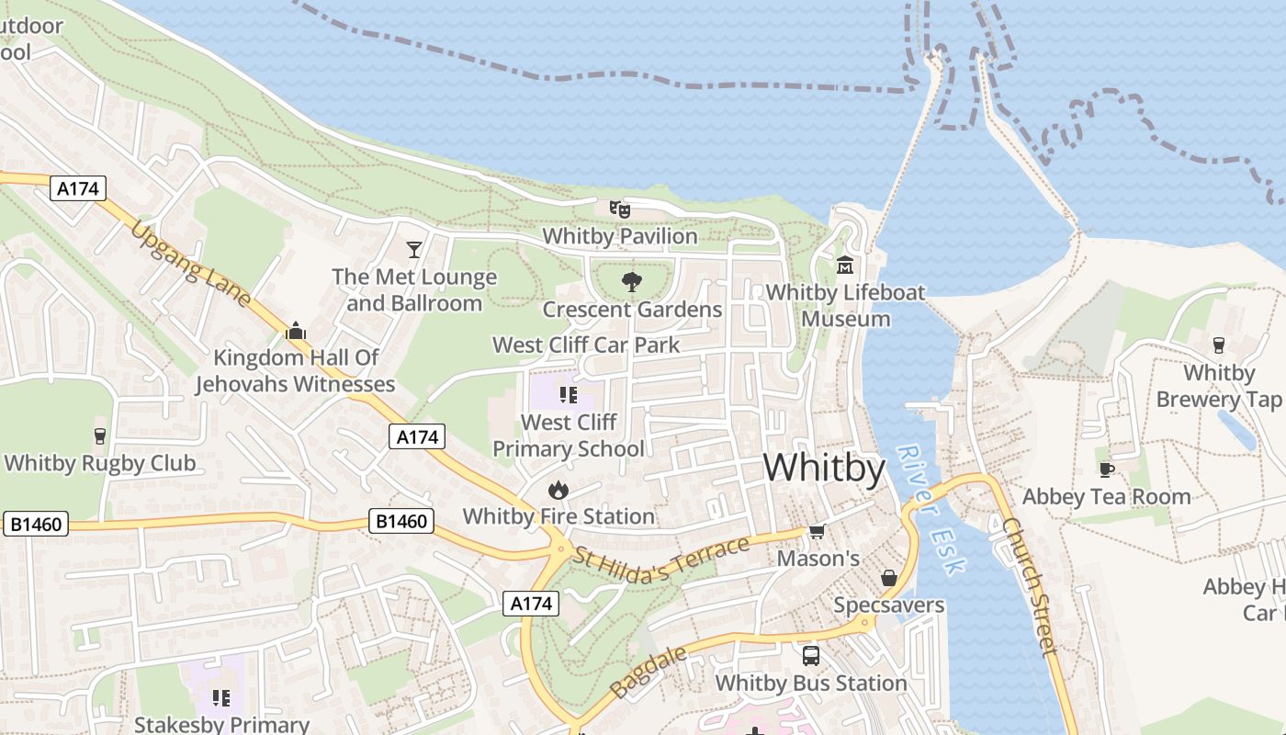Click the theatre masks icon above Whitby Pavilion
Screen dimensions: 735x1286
(x=620, y=209)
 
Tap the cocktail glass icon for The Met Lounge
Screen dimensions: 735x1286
(x=414, y=250)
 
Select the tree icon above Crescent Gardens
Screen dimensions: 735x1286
(x=631, y=282)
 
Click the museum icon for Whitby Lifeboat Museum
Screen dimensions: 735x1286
(x=845, y=266)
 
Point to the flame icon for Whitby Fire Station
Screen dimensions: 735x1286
(x=558, y=491)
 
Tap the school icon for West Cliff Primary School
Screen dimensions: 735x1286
(x=568, y=395)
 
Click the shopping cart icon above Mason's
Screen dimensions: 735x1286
(x=817, y=532)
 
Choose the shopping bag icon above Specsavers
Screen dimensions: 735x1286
(x=888, y=578)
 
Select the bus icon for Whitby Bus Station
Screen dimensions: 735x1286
(x=811, y=656)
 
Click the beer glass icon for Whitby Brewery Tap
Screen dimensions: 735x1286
(x=1218, y=345)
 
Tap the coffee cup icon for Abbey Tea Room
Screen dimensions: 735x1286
(x=1107, y=469)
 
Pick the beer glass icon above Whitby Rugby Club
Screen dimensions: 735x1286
(x=100, y=435)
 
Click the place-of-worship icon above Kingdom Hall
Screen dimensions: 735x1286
(x=296, y=331)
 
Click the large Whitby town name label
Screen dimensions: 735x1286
(x=824, y=469)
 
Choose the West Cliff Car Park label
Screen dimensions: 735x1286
(x=586, y=345)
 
